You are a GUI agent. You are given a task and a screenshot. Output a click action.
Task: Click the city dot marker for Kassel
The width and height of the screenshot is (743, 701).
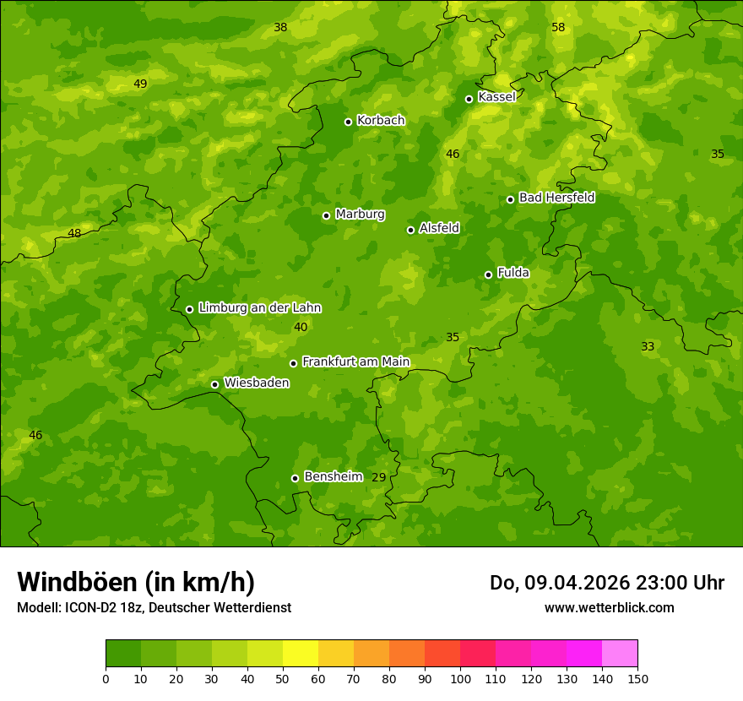click(469, 99)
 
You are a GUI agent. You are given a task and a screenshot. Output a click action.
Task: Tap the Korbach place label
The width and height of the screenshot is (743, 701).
click(381, 121)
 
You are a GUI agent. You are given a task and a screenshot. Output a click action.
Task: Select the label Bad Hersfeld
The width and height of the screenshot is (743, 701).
click(556, 198)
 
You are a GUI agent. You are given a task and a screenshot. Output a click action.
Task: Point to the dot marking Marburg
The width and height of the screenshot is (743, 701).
click(326, 215)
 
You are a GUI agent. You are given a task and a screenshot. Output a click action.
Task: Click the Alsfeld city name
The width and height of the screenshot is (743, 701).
click(439, 228)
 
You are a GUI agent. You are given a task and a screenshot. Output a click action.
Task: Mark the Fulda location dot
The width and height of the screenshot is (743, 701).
click(488, 274)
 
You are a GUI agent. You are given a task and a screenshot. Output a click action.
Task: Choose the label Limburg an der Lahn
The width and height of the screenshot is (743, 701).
click(259, 308)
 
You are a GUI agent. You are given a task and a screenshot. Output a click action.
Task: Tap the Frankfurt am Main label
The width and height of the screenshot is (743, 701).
click(355, 362)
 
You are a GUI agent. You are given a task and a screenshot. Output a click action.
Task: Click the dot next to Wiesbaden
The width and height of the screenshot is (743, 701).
click(214, 384)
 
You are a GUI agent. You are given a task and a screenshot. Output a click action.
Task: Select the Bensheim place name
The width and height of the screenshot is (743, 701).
click(333, 477)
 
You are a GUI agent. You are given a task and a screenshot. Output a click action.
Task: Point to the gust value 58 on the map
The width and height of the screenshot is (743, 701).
click(558, 28)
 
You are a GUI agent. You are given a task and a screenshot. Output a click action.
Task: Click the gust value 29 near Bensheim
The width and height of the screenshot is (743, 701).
click(379, 478)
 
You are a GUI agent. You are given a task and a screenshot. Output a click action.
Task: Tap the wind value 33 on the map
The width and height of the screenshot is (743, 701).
click(648, 347)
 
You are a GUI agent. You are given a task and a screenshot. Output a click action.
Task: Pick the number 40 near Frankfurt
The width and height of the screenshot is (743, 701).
click(301, 328)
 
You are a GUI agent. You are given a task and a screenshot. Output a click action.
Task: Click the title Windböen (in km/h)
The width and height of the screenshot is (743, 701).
click(136, 582)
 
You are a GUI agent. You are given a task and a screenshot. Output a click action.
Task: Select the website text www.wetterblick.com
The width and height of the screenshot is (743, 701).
click(609, 607)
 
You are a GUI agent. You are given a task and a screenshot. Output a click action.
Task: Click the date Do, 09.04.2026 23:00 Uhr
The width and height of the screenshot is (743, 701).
click(606, 583)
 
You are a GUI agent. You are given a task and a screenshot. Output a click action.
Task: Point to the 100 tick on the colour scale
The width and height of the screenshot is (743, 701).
click(460, 679)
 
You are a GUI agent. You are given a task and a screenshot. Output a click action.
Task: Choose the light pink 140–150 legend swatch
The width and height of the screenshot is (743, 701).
click(620, 654)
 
